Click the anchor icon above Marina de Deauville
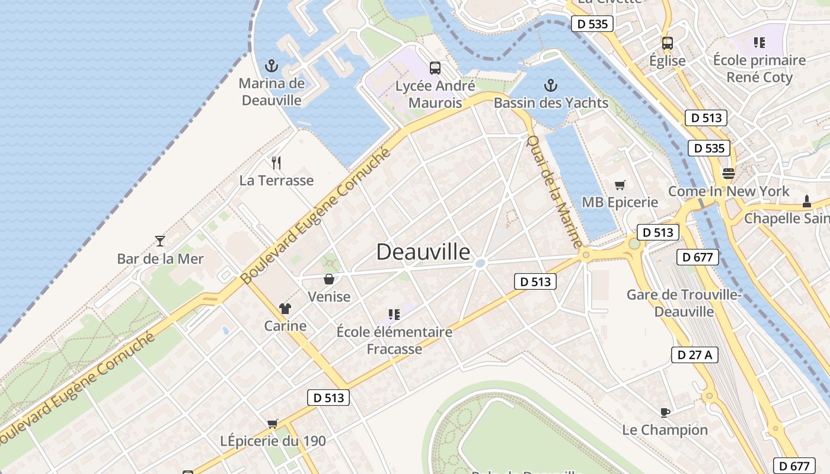coord(272,66)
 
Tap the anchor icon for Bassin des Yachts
coord(551,86)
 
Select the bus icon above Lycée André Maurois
coord(435,68)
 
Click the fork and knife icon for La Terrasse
coord(276,163)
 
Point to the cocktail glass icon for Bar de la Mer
coord(159,241)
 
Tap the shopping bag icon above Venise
coord(329,279)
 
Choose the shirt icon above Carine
coord(285,308)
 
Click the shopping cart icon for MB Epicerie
coord(620,185)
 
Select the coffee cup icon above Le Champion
coord(665,412)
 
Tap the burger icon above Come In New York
coord(729,174)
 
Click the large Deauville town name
coord(423,252)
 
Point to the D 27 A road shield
coord(695,355)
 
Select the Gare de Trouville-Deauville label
coord(684,303)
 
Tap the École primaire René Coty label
coord(759,69)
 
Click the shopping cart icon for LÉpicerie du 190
coord(273,424)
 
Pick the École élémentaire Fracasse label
coord(394,340)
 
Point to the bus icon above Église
coord(668,43)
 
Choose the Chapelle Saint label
coord(787,218)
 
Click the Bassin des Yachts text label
coord(551,103)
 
